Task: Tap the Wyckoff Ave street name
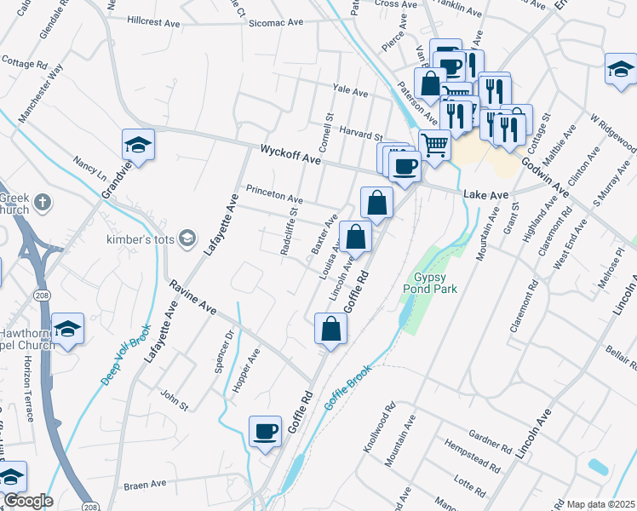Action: pyautogui.click(x=291, y=153)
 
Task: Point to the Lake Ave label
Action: pyautogui.click(x=485, y=195)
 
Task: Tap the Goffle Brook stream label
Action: pyautogui.click(x=347, y=388)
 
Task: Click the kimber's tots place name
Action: pyautogui.click(x=135, y=240)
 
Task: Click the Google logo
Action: pyautogui.click(x=28, y=500)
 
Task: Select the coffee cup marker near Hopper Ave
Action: pyautogui.click(x=265, y=432)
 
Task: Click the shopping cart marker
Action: pyautogui.click(x=435, y=145)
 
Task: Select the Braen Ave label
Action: pyautogui.click(x=145, y=484)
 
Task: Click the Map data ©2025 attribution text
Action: pyautogui.click(x=600, y=503)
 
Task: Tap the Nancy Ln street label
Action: pyautogui.click(x=89, y=163)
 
